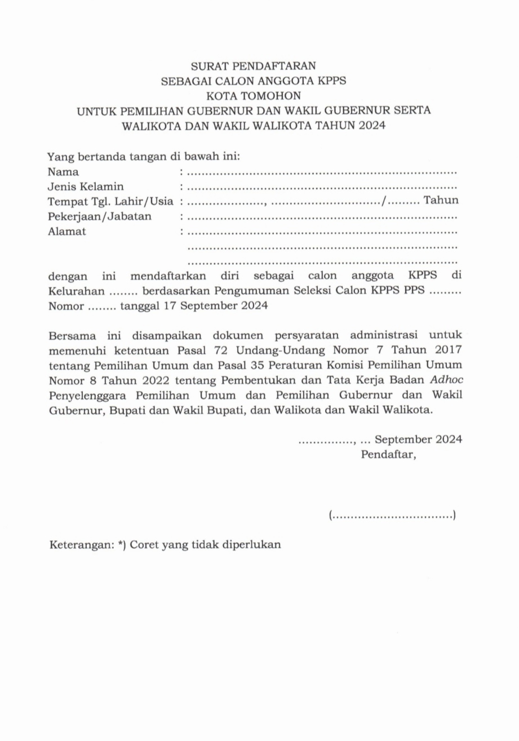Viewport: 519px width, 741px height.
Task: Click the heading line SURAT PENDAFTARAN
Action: [254, 65]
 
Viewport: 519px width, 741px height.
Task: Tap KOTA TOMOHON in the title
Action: [254, 95]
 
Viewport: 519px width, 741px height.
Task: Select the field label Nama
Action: [63, 171]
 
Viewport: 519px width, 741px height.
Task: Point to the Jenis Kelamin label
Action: [86, 186]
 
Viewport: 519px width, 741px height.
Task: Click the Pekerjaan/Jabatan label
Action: [100, 216]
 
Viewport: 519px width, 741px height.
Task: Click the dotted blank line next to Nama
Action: [321, 171]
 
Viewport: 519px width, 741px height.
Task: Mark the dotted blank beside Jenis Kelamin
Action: [321, 186]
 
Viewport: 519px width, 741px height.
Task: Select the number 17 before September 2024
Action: [170, 307]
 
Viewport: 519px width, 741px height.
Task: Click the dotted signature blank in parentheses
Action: [392, 515]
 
